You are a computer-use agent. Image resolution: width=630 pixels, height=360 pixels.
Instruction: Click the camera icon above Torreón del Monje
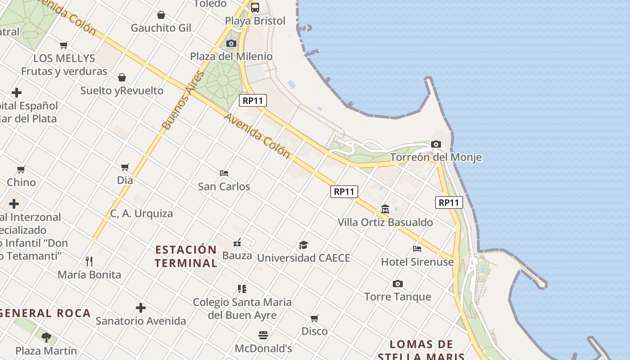click(x=436, y=144)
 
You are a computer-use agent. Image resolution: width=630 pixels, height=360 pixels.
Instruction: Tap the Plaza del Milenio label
click(x=231, y=56)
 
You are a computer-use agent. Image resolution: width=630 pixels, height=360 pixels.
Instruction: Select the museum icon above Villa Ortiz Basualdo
click(x=385, y=209)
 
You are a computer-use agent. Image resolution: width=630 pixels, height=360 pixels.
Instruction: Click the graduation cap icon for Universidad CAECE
click(x=304, y=245)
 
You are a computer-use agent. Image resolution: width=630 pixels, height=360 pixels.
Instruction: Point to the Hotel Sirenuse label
click(x=417, y=261)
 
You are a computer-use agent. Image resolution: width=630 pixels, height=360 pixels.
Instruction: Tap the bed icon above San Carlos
click(x=224, y=173)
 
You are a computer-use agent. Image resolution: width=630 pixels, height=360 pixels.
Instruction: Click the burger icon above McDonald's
click(x=263, y=335)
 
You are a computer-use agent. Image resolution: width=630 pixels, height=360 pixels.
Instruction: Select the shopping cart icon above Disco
click(x=315, y=318)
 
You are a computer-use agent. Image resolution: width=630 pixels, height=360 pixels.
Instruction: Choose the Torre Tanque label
click(x=397, y=297)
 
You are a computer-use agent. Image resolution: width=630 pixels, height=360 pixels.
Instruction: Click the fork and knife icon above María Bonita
click(x=89, y=261)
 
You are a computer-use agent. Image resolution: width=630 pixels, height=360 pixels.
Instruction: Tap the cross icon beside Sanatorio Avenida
click(x=141, y=308)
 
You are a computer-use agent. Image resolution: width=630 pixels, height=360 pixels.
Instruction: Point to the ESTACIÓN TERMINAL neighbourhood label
click(x=186, y=256)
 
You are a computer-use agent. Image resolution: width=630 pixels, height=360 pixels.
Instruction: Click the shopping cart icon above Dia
click(x=125, y=167)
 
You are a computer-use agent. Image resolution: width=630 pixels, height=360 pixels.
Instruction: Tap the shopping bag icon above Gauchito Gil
click(x=161, y=15)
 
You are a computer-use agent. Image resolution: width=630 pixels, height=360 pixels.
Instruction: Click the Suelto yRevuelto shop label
click(x=121, y=90)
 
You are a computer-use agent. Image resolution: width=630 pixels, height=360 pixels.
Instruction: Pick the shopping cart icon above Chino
click(x=21, y=169)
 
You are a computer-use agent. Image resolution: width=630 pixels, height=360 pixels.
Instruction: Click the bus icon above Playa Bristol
click(x=255, y=7)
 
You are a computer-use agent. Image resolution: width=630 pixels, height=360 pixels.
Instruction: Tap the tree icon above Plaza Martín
click(x=46, y=337)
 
